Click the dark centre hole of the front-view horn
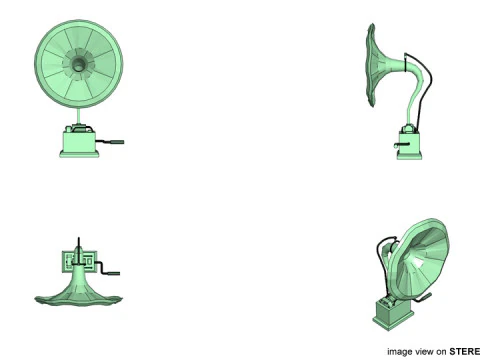pyautogui.click(x=78, y=64)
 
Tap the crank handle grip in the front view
pyautogui.click(x=116, y=142)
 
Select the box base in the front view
pyautogui.click(x=79, y=144)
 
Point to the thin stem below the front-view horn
pyautogui.click(x=79, y=116)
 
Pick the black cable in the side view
pyautogui.click(x=423, y=93)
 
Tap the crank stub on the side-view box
pyautogui.click(x=401, y=145)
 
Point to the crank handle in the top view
pyautogui.click(x=107, y=269)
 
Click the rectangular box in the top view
pyautogui.click(x=79, y=261)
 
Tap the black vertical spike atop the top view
pyautogui.click(x=79, y=246)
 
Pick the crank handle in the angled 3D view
pyautogui.click(x=423, y=298)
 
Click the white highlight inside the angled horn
pyautogui.click(x=416, y=262)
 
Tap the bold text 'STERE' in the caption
pyautogui.click(x=465, y=352)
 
